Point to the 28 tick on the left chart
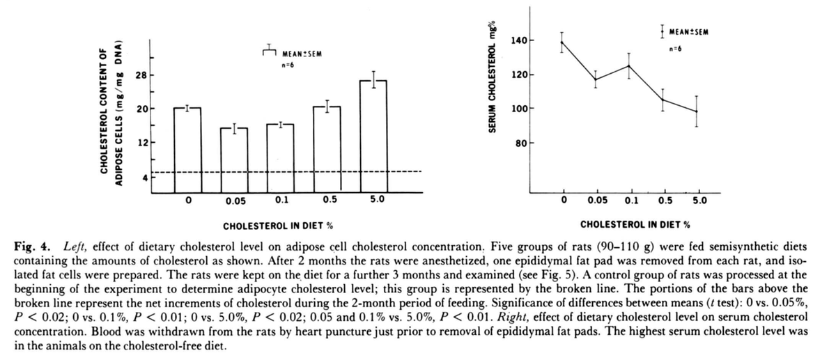click(141, 75)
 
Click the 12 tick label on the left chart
click(141, 143)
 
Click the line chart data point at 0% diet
click(562, 42)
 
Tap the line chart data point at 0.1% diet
click(629, 66)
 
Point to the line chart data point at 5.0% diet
click(696, 111)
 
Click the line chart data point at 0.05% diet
click(595, 79)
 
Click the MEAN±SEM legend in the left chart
click(302, 54)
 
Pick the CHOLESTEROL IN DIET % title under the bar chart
click(277, 227)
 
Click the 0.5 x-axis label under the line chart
click(663, 201)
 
